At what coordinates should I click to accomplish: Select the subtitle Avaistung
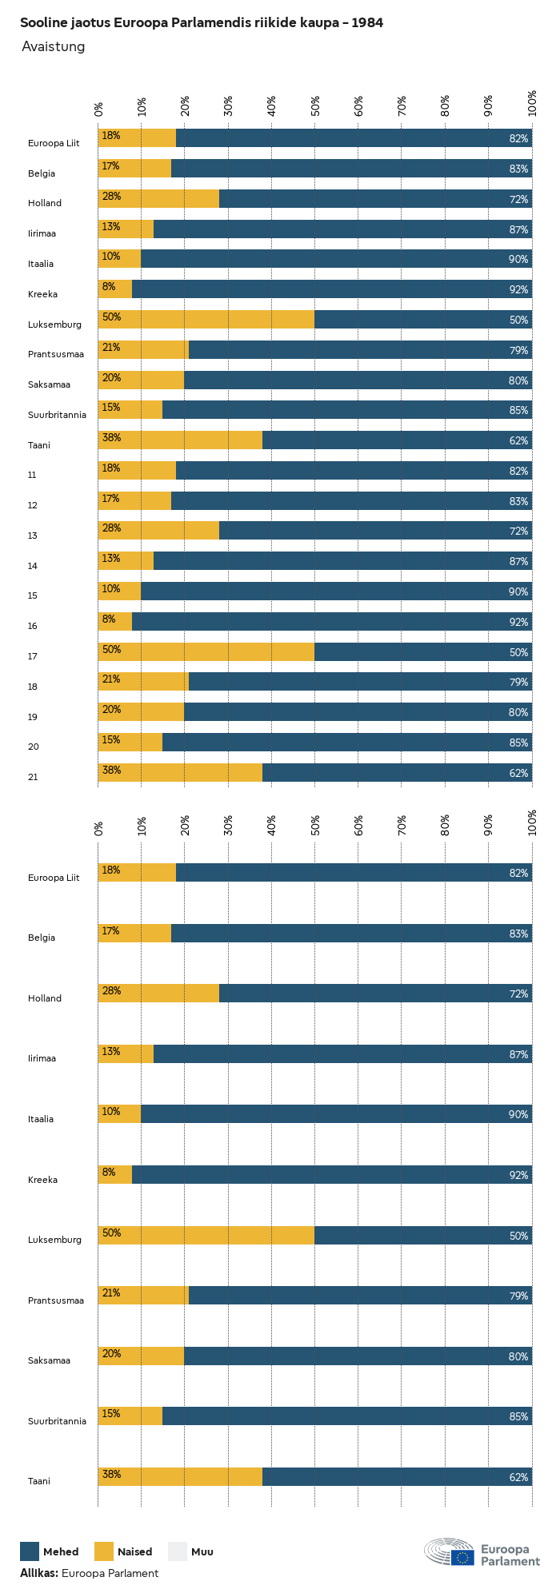(53, 47)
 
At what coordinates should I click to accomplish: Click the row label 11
(32, 476)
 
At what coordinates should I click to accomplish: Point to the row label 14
(33, 566)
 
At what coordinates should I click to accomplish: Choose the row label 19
(33, 717)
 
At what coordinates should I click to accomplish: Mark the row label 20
(33, 747)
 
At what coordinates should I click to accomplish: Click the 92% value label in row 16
(518, 623)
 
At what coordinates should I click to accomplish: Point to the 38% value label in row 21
(110, 771)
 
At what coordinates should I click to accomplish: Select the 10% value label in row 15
(110, 589)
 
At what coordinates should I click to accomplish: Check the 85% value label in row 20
(518, 743)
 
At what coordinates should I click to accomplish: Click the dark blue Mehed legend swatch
(30, 1551)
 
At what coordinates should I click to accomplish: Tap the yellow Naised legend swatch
(104, 1551)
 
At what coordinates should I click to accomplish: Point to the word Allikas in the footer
(38, 1573)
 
